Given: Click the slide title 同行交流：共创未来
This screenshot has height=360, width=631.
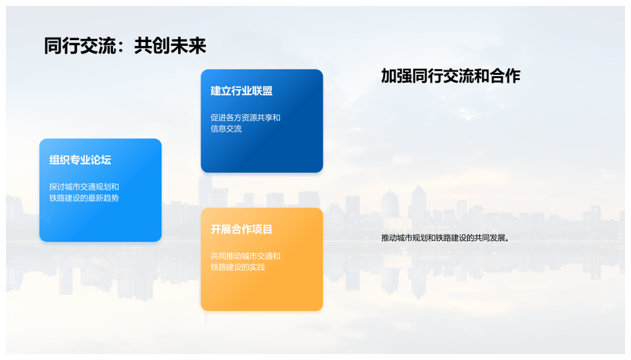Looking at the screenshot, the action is click(125, 45).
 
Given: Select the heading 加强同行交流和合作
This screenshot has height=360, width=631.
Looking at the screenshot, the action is click(451, 76).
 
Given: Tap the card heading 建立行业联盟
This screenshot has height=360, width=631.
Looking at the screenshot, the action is click(241, 91).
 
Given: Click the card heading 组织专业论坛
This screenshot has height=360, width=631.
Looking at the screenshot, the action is click(80, 160).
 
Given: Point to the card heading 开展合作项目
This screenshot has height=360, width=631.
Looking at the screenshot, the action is click(241, 229).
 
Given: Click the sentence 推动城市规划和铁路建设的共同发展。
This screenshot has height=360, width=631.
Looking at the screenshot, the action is click(446, 238).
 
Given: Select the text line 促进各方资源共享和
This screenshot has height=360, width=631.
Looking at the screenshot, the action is click(245, 118).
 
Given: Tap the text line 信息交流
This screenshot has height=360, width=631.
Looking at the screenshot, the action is click(226, 129).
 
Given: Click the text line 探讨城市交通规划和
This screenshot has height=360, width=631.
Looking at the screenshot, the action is click(84, 187).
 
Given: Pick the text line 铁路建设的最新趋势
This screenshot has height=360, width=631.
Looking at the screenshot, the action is click(84, 198).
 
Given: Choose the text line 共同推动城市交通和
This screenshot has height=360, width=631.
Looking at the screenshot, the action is click(245, 256).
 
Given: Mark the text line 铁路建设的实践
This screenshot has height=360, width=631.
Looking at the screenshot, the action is click(238, 267).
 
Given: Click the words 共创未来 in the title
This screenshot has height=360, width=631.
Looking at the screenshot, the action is click(170, 45).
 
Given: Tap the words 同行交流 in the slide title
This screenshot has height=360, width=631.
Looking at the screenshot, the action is click(80, 45).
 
